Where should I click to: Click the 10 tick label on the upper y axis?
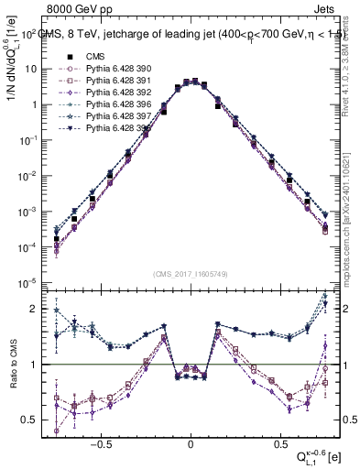pos(31,69)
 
